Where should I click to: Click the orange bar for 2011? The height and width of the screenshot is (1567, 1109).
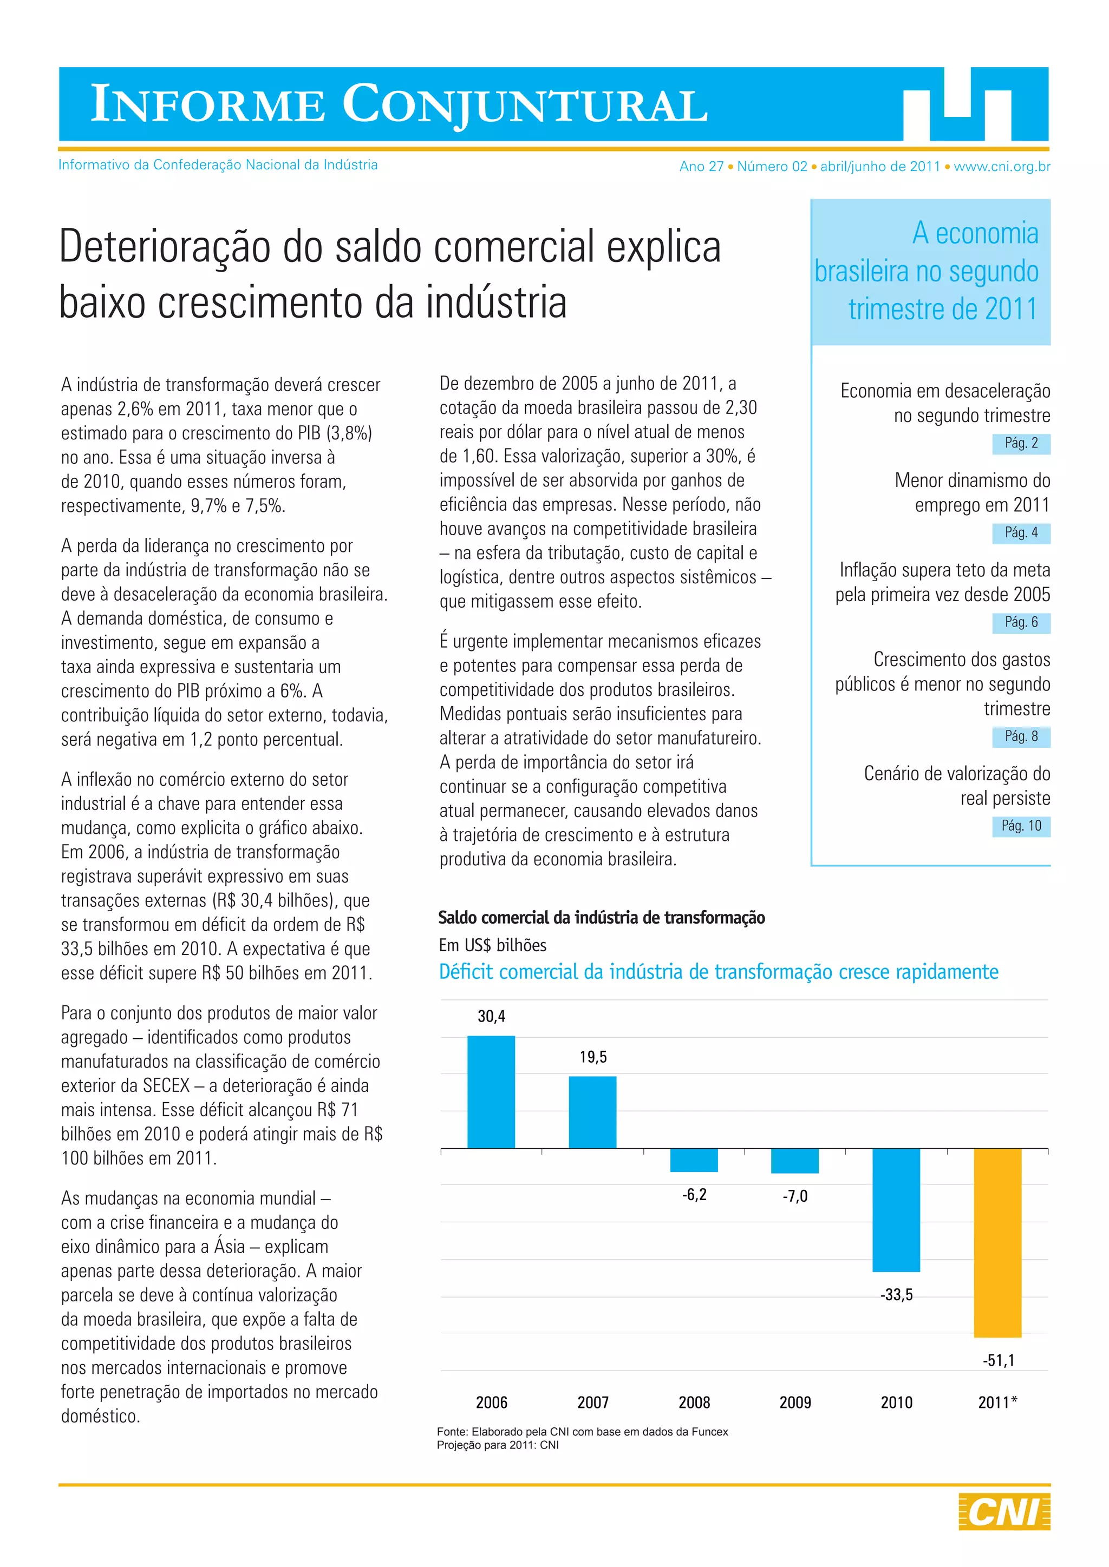tap(997, 1243)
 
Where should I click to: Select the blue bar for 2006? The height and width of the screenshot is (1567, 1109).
tap(491, 1092)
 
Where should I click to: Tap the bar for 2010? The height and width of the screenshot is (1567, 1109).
tap(896, 1210)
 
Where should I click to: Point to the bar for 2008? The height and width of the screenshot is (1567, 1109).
tap(694, 1160)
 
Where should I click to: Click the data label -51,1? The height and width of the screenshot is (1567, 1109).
tap(999, 1360)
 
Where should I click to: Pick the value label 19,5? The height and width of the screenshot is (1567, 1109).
tap(593, 1057)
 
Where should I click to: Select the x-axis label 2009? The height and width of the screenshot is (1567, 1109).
tap(795, 1403)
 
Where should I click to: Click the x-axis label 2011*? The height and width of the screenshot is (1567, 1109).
tap(997, 1403)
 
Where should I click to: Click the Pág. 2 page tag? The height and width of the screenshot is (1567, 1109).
tap(1021, 444)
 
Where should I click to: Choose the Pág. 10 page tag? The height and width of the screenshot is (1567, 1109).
tap(1021, 826)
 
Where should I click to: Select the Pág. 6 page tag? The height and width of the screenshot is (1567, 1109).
tap(1021, 622)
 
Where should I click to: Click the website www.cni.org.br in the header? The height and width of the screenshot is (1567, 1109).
tap(1002, 167)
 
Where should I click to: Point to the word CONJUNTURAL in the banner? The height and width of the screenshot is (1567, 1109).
tap(525, 104)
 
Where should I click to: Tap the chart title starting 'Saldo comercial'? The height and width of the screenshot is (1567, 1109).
tap(601, 918)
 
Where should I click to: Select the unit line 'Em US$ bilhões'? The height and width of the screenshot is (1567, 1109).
tap(492, 945)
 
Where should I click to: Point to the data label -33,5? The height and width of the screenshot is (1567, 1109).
tap(896, 1295)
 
